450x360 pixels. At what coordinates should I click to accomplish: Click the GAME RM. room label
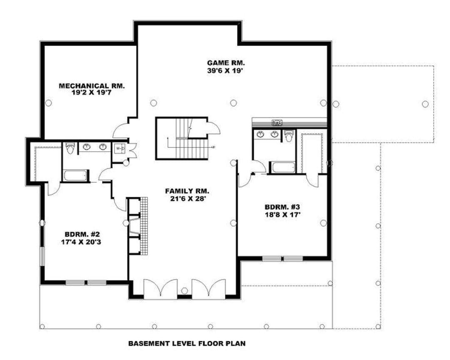point(226,63)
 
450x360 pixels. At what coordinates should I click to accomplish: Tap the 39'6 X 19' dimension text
point(225,70)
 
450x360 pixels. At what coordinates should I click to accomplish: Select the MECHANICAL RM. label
point(92,85)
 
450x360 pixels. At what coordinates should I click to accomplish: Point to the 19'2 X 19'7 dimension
point(92,92)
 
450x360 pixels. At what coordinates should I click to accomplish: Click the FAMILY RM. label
point(187,191)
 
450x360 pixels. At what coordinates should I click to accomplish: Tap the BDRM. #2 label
point(82,234)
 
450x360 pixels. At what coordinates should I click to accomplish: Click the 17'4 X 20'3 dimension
point(81,242)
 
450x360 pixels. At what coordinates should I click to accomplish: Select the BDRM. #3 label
point(282,207)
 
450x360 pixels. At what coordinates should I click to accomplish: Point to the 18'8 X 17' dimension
point(282,214)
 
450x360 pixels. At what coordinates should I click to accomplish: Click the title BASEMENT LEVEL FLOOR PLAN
point(187,343)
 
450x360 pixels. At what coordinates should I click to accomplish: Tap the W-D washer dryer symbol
point(120,149)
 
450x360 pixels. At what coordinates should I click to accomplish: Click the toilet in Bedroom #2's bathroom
point(70,148)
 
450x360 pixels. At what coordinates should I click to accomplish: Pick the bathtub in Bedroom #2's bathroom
point(75,175)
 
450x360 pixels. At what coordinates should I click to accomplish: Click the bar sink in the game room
point(277,123)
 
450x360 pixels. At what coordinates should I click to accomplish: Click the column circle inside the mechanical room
point(48,103)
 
